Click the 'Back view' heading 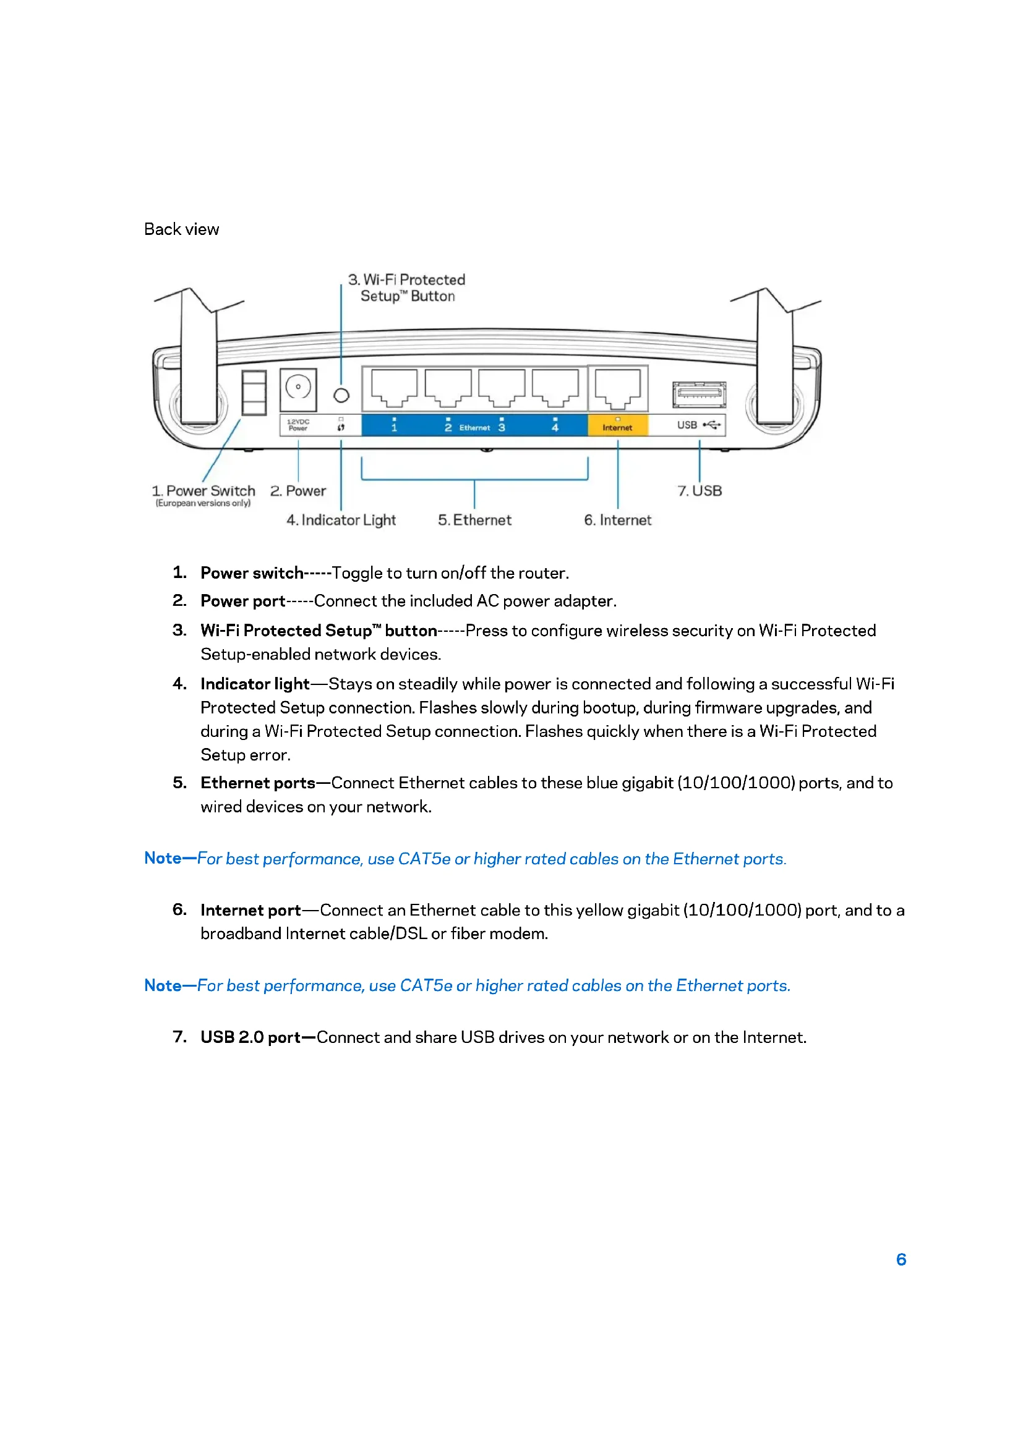[181, 229]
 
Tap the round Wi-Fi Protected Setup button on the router [341, 396]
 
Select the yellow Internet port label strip [617, 425]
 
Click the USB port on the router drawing [698, 394]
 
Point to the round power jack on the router [298, 386]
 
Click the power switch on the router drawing [254, 393]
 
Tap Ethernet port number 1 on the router [394, 388]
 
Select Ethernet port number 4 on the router [555, 388]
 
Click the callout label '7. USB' [700, 491]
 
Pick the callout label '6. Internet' [617, 520]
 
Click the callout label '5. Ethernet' [474, 520]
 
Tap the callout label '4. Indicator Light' [341, 520]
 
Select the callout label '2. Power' [298, 491]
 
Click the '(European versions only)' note [203, 503]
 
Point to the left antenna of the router [199, 359]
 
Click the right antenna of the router [775, 359]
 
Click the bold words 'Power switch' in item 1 [252, 573]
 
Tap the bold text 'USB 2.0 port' [250, 1037]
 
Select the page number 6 [901, 1259]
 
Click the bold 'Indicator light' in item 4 [255, 684]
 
